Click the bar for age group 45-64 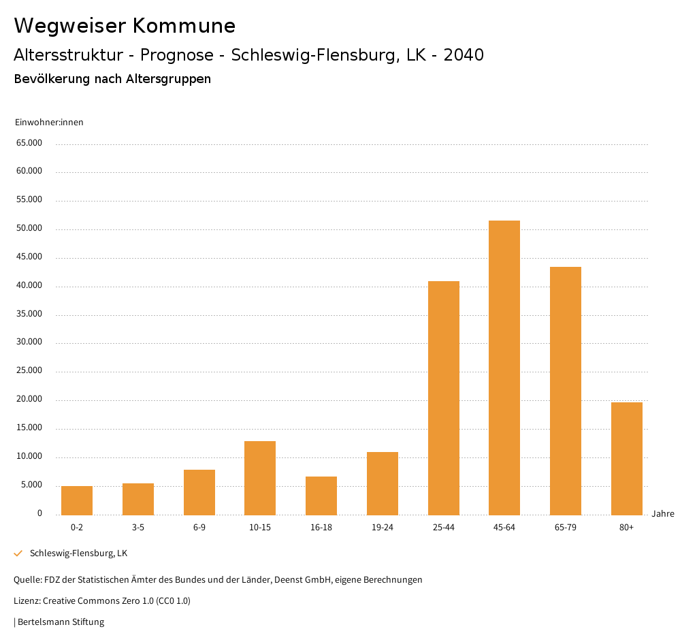(504, 368)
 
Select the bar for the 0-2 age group (77, 500)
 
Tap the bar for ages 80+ (626, 458)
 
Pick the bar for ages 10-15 (260, 478)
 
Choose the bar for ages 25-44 (443, 398)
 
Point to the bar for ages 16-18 (321, 496)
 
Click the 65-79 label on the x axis (566, 528)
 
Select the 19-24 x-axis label (383, 528)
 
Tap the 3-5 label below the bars (138, 528)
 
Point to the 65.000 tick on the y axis (29, 143)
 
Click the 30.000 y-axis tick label (29, 342)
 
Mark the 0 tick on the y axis (39, 513)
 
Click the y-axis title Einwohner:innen (49, 123)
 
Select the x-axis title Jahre (662, 514)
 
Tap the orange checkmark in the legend (18, 553)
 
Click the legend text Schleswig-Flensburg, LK (78, 553)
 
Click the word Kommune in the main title (184, 26)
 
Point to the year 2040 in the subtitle (464, 55)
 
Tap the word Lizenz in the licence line (26, 601)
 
